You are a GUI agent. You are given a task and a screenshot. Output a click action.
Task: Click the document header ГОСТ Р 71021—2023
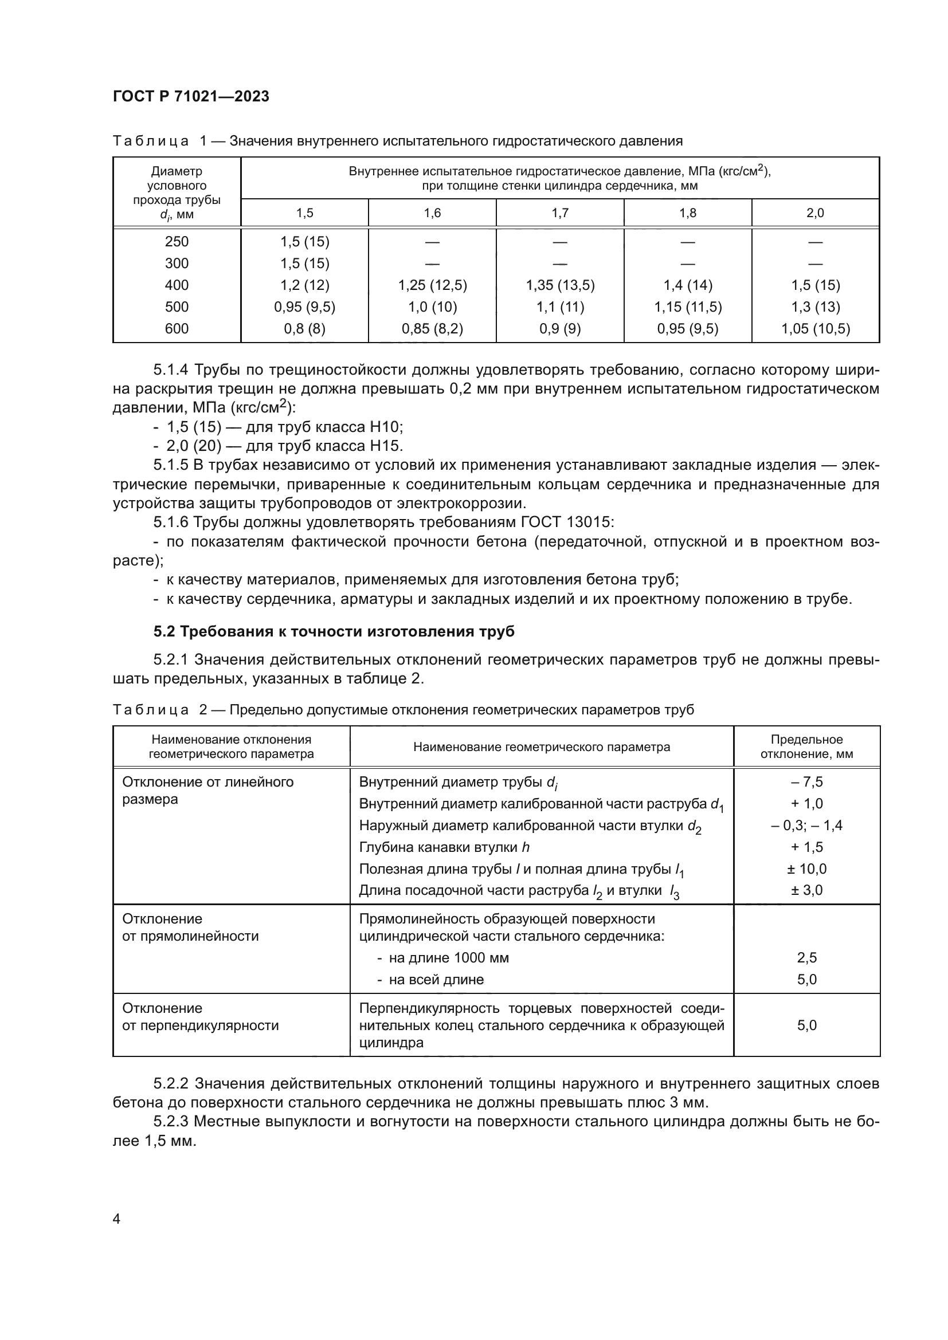191,96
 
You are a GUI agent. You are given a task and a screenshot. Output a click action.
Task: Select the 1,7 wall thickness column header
560,213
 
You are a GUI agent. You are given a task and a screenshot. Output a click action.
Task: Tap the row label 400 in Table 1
177,285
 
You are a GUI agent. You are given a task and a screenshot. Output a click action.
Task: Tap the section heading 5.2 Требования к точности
334,631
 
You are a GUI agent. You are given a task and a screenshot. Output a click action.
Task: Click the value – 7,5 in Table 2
806,782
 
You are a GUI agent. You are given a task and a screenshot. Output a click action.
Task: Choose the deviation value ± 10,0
806,869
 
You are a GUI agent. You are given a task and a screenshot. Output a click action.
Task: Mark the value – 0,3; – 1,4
806,825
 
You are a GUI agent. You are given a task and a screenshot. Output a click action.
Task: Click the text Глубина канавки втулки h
444,847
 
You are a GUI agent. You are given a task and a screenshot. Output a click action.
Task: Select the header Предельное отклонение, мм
806,746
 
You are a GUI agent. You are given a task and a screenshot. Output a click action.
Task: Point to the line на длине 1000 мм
448,958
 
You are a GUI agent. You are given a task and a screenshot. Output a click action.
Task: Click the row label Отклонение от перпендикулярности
200,1017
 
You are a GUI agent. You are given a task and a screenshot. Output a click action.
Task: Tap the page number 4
116,1219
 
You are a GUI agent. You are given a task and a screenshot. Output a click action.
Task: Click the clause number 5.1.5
171,465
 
